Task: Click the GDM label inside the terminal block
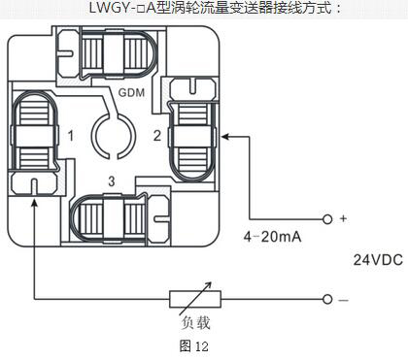click(x=131, y=92)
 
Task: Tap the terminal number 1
click(x=71, y=136)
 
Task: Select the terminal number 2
click(x=157, y=136)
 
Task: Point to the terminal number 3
click(x=112, y=181)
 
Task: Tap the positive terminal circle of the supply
click(x=327, y=219)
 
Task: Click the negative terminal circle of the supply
click(x=327, y=299)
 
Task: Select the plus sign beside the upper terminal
click(x=343, y=218)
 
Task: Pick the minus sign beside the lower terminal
click(x=343, y=300)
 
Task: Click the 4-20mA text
click(x=272, y=237)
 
